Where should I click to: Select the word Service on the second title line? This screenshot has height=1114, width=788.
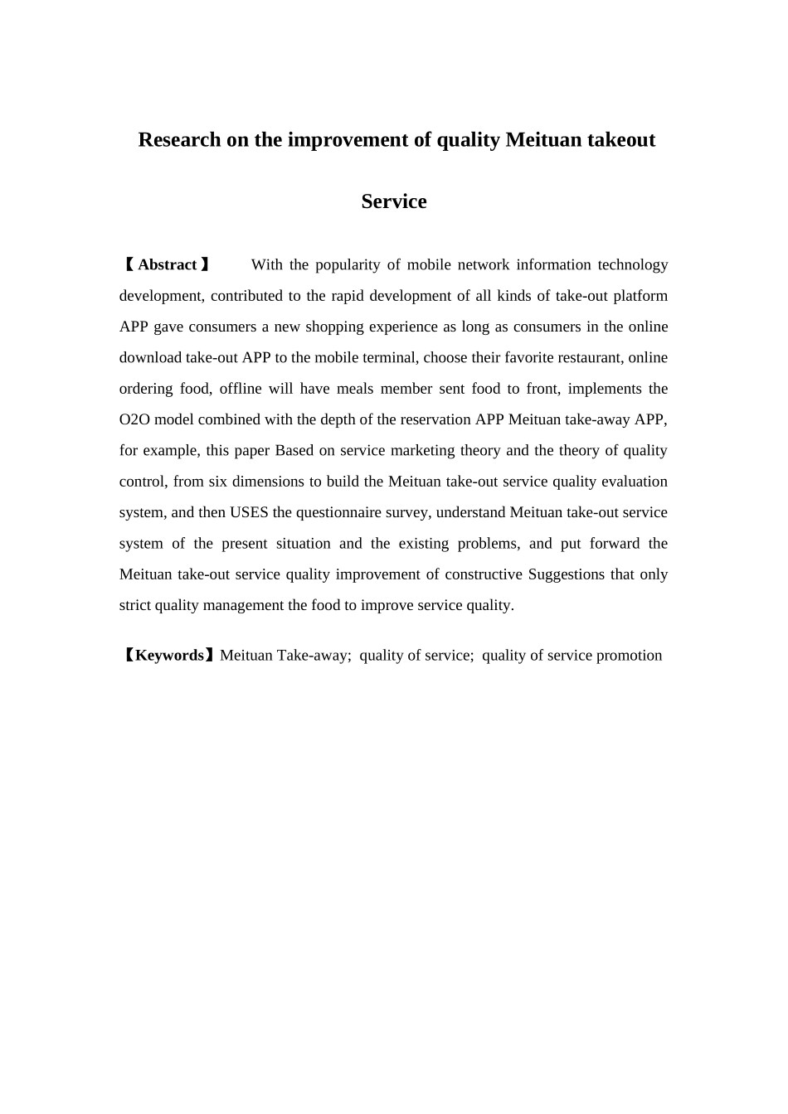(394, 201)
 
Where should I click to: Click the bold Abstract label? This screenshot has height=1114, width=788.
(167, 265)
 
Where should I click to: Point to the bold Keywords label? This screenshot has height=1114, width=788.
(169, 656)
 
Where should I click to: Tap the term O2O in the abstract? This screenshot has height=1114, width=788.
(134, 419)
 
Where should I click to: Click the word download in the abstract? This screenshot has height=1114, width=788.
(149, 358)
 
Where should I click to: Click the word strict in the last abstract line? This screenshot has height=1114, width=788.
(135, 605)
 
